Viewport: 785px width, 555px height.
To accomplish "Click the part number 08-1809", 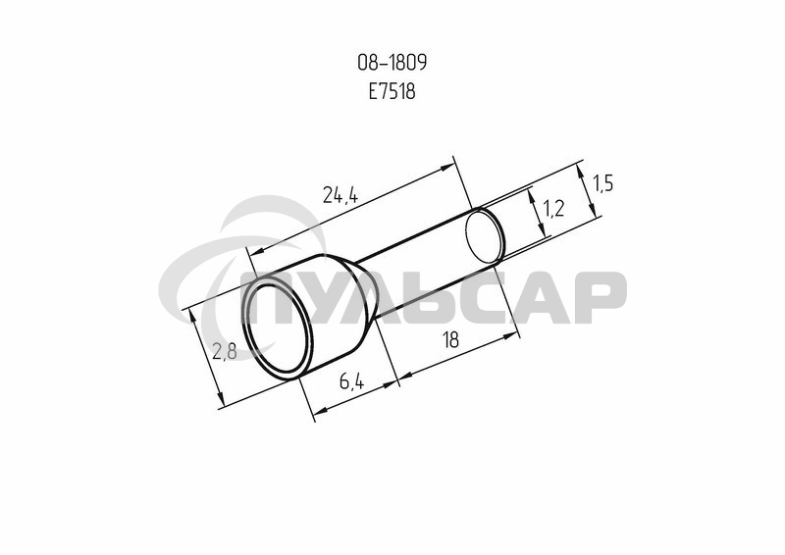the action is point(392,63).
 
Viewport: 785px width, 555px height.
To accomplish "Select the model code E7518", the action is point(392,91).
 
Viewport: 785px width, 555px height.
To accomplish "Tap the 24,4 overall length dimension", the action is point(340,195).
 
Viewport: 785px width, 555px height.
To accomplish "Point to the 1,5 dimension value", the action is point(602,184).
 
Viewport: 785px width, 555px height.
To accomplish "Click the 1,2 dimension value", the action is point(553,208).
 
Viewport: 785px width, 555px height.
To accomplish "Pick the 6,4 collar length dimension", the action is point(352,382).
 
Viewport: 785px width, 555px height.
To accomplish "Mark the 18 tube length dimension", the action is point(451,340).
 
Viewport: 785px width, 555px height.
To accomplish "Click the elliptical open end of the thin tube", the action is point(485,236).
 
